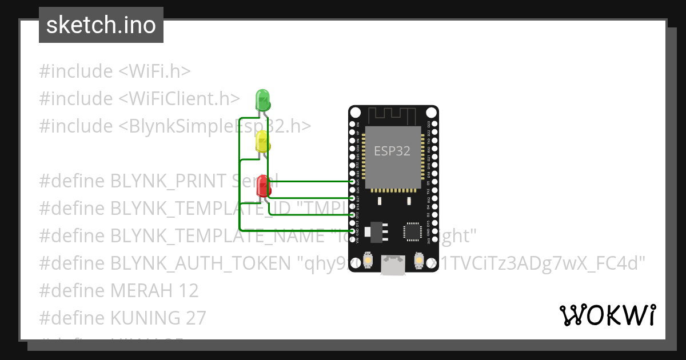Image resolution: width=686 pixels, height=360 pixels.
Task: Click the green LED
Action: [x=262, y=99]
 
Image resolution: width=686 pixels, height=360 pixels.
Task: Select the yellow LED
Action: [x=262, y=141]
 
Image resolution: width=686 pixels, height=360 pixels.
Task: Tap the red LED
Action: [x=263, y=186]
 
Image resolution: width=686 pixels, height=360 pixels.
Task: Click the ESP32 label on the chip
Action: [x=392, y=151]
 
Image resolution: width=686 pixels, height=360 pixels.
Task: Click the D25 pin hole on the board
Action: [x=353, y=181]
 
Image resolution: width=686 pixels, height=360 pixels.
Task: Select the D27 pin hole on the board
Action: [x=353, y=198]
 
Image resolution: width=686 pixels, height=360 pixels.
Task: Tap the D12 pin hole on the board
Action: [x=353, y=214]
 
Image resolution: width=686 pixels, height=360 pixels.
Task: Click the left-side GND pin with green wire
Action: [x=353, y=231]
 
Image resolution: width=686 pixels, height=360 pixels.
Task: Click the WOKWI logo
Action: [x=608, y=315]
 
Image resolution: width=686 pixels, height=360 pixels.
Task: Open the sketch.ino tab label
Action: [x=101, y=25]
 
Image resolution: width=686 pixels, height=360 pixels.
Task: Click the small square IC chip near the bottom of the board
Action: [x=411, y=231]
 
